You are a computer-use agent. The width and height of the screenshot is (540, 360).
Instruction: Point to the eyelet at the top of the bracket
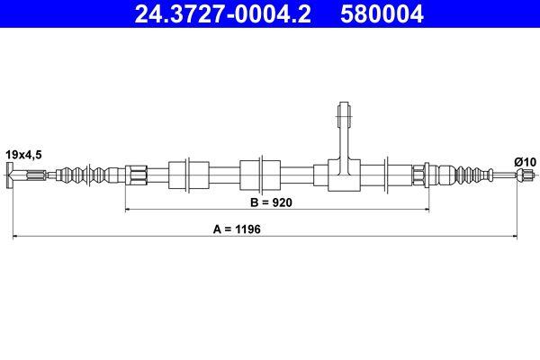coord(343,113)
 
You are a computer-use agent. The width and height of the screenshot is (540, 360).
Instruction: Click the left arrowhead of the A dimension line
coord(15,238)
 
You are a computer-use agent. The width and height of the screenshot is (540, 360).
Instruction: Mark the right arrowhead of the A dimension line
coord(514,238)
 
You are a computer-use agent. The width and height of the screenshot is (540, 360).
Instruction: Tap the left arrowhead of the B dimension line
coord(129,210)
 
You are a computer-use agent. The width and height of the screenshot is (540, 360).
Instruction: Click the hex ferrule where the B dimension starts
coord(136,174)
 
